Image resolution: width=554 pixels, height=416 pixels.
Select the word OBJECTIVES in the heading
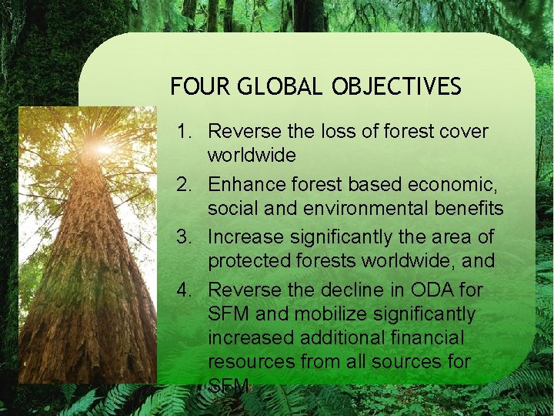396,86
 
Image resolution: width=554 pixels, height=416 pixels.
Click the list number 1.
183,132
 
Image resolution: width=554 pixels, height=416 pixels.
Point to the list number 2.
183,185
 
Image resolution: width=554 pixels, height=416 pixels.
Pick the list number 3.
183,237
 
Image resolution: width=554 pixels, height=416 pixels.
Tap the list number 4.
183,290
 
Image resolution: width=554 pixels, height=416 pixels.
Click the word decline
349,290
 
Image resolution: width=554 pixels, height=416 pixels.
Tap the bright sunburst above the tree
102,147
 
